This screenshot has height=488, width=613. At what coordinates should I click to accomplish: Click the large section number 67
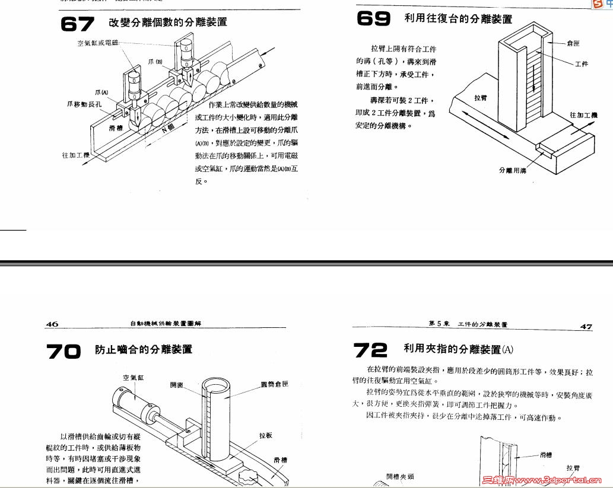coord(77,24)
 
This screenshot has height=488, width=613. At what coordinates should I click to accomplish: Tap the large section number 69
coord(373,18)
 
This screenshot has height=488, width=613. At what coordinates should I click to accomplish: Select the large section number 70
coord(63,351)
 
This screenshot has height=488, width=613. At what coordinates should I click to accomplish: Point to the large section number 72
coord(370,350)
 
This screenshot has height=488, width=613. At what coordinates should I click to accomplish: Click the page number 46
coord(52,324)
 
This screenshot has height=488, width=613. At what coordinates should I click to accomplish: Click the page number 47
coord(586,327)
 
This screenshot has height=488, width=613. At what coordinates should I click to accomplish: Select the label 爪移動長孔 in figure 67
coord(84,104)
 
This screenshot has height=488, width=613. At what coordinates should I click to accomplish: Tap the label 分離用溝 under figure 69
coord(513,170)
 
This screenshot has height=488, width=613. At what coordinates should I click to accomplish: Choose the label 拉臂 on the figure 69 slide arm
coord(481,98)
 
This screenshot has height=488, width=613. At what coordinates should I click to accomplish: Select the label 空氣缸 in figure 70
coord(134,377)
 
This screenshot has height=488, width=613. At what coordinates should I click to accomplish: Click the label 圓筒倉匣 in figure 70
coord(274,384)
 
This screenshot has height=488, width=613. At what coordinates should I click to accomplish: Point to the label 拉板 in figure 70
coord(266,435)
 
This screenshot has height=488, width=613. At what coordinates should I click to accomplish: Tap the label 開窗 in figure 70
coord(177,384)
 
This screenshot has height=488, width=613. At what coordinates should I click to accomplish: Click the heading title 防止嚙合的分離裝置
coord(144,350)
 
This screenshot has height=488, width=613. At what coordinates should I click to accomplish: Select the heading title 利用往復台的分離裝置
coord(458,19)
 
